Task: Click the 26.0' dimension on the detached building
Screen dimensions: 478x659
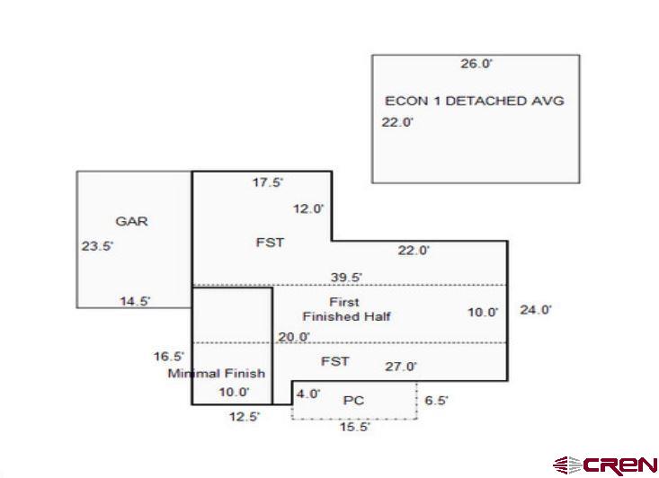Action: pos(476,64)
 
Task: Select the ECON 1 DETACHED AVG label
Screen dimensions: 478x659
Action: pos(474,101)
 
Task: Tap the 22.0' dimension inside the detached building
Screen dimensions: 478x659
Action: pos(397,123)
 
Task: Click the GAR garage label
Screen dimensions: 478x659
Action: pos(131,221)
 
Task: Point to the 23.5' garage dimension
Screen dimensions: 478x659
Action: pos(97,245)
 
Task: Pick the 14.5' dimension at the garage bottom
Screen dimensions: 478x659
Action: pos(135,301)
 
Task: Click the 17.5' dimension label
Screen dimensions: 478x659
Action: pos(268,183)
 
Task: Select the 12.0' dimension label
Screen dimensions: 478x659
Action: pos(308,208)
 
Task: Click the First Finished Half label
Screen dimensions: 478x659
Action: pos(346,309)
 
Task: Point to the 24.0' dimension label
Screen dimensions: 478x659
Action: pos(536,309)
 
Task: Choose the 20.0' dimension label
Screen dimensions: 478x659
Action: pos(294,337)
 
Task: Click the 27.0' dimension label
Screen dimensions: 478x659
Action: pos(401,367)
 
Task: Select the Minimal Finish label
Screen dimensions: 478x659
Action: pos(217,373)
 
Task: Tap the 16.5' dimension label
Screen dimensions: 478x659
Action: pos(168,357)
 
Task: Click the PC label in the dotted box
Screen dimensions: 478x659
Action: pos(353,400)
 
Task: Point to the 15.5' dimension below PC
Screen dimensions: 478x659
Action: pos(354,428)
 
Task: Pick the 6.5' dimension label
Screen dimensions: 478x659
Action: pos(436,401)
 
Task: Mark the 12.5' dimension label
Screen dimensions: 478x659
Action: pos(243,416)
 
